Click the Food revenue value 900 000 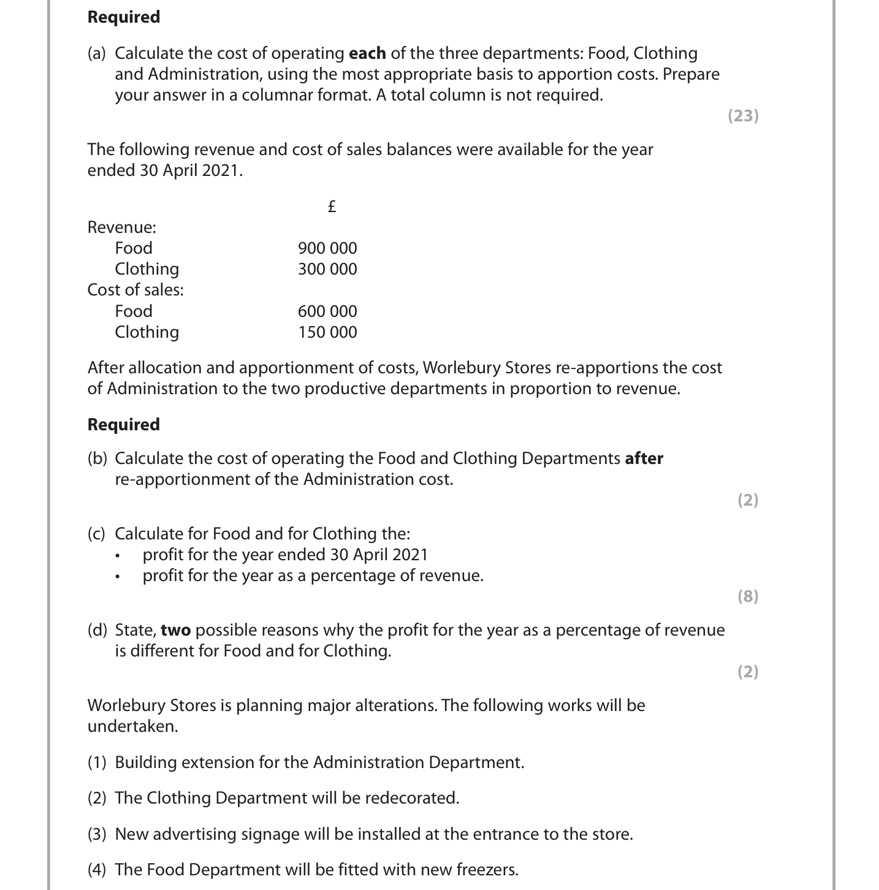click(327, 248)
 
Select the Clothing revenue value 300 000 click(327, 269)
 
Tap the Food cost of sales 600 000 click(327, 311)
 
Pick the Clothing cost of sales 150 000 click(327, 332)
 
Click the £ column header click(332, 207)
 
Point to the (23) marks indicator click(743, 116)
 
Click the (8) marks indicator click(747, 596)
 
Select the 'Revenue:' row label click(121, 227)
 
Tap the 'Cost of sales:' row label click(135, 290)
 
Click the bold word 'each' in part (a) click(367, 53)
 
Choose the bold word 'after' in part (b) click(644, 458)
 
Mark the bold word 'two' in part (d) click(175, 630)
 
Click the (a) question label click(97, 53)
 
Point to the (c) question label click(97, 534)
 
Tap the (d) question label click(97, 630)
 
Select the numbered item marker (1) click(97, 763)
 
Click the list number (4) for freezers click(97, 870)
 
